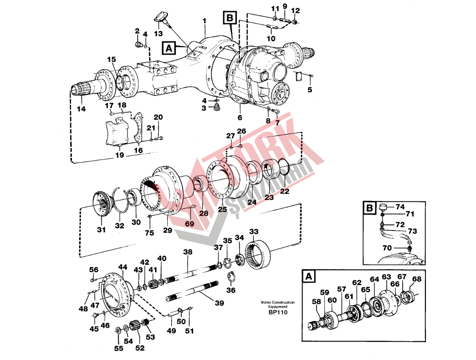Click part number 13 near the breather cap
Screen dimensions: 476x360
pyautogui.click(x=159, y=33)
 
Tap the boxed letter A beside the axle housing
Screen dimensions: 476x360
pyautogui.click(x=169, y=48)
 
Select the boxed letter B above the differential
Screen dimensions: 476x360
pyautogui.click(x=230, y=18)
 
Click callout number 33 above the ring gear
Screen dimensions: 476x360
pyautogui.click(x=254, y=232)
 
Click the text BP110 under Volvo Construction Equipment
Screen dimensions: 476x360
pyautogui.click(x=278, y=312)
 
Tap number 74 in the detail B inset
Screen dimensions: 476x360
pyautogui.click(x=400, y=207)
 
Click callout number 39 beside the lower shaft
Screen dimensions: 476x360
pyautogui.click(x=219, y=303)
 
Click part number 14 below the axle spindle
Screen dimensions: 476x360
pyautogui.click(x=81, y=109)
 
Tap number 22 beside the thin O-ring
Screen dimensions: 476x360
pyautogui.click(x=284, y=191)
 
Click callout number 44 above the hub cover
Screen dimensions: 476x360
pyautogui.click(x=122, y=267)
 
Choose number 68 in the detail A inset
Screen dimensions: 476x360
pyautogui.click(x=417, y=279)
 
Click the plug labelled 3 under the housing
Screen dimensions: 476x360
pyautogui.click(x=217, y=108)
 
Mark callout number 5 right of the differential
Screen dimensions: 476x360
pyautogui.click(x=310, y=90)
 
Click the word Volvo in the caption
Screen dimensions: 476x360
pyautogui.click(x=265, y=302)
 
